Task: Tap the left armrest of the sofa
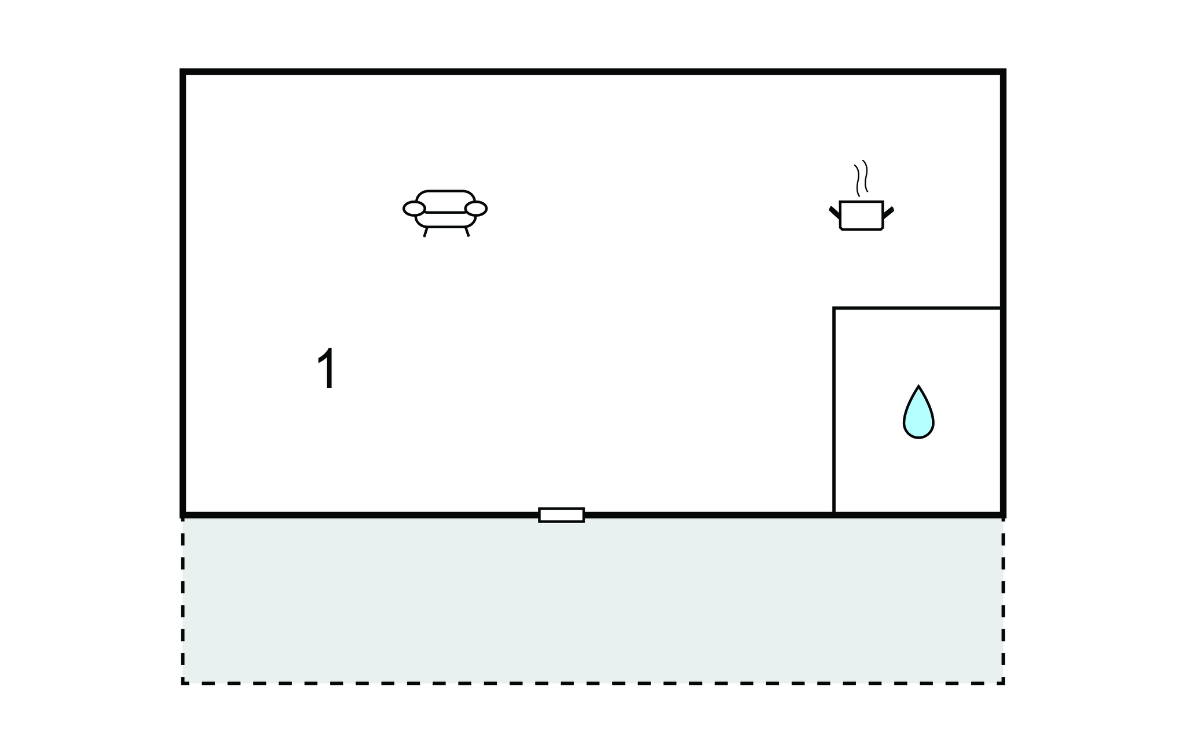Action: click(414, 209)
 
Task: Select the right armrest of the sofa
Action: click(476, 209)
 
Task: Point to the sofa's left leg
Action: click(426, 232)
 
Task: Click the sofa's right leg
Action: click(467, 232)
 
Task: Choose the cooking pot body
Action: click(861, 216)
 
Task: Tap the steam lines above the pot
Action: click(861, 177)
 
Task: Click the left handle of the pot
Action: click(834, 212)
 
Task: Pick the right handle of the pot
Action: click(888, 212)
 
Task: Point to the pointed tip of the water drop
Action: click(918, 386)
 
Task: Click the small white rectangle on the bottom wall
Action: click(561, 515)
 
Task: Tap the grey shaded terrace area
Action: click(592, 600)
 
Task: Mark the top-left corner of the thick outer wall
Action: click(183, 72)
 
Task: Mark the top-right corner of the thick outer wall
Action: click(1003, 72)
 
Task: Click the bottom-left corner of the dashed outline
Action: click(183, 684)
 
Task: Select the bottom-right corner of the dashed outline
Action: click(1003, 684)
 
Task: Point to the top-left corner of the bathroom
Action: click(834, 308)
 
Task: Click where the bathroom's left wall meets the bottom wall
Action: click(834, 513)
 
